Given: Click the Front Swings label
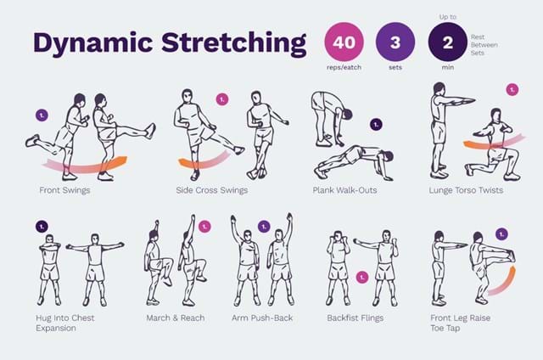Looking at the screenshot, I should pos(64,190).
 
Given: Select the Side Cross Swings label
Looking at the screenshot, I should pos(211,190).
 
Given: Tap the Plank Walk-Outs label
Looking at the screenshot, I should pos(345,190).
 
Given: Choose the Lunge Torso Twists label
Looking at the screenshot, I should pos(466,190).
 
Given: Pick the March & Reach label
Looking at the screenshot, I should pos(176,318).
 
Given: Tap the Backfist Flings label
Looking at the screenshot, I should pos(355,318).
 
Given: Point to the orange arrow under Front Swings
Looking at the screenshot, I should pos(85,162).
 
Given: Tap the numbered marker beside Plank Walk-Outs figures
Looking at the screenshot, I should pos(376,124).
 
